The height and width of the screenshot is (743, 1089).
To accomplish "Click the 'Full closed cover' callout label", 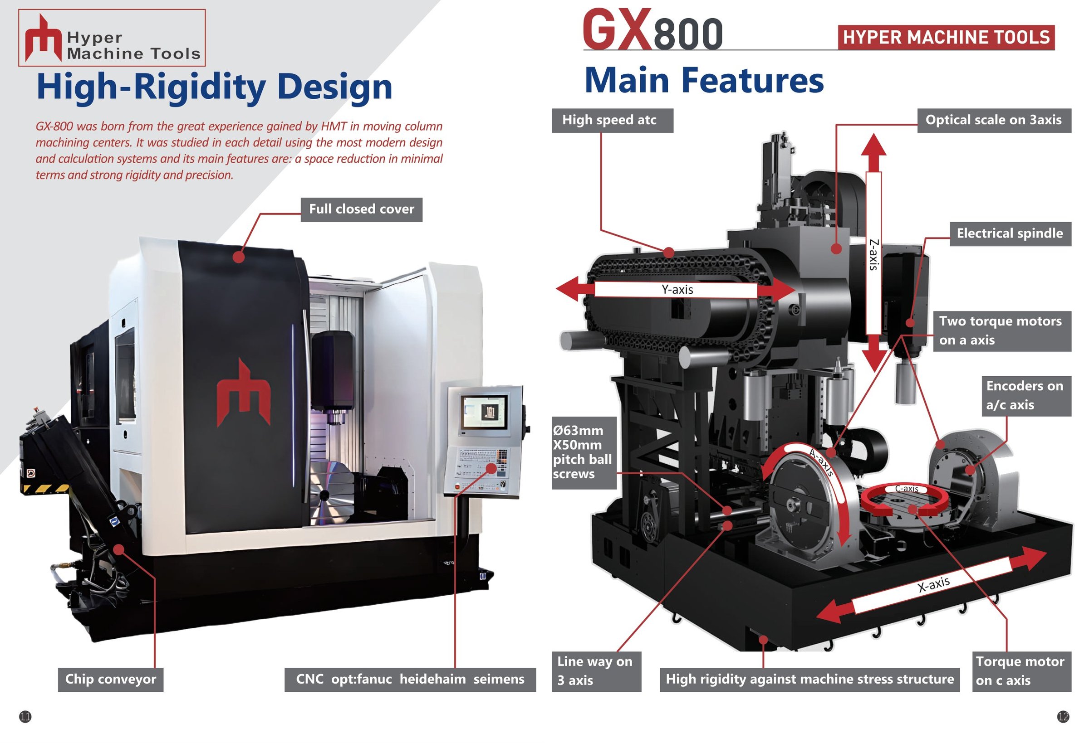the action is (x=361, y=209).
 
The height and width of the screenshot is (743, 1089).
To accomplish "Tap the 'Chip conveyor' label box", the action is (x=111, y=680).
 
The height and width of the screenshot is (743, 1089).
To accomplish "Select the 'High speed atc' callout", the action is (x=613, y=120).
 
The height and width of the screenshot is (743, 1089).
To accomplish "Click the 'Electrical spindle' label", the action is (x=1011, y=233).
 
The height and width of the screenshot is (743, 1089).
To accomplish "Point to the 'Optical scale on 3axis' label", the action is (x=994, y=120).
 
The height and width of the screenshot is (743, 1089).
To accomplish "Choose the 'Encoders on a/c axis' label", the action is (x=1026, y=396).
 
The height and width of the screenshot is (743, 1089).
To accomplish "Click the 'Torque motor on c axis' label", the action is (x=1021, y=671).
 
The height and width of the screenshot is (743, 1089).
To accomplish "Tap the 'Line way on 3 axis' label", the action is (x=597, y=671).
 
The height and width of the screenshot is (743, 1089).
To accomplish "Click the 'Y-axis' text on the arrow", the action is (x=677, y=290).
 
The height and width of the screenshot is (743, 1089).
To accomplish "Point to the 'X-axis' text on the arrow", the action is (x=933, y=585).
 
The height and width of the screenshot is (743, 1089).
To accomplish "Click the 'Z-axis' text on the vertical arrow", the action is (x=873, y=255).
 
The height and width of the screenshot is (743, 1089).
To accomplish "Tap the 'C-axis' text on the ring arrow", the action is (x=907, y=489).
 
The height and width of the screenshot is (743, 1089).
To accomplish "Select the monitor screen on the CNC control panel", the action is (x=485, y=413).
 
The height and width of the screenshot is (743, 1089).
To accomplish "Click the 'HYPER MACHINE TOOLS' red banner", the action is (x=946, y=38).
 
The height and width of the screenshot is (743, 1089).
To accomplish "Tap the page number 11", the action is (x=25, y=716).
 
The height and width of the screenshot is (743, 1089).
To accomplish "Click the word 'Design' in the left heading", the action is (x=335, y=87).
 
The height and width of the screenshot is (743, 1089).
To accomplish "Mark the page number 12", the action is (x=1063, y=716).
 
